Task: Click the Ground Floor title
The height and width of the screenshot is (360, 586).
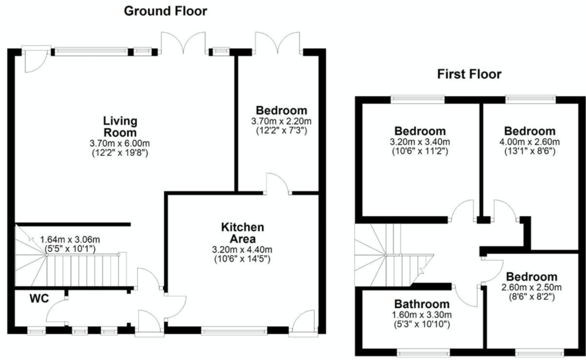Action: point(165,11)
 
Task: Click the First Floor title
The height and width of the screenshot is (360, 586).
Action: point(469,74)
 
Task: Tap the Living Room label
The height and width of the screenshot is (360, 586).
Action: point(120,126)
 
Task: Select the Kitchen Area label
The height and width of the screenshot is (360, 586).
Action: point(243,232)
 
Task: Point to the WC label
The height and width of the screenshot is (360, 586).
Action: point(39,299)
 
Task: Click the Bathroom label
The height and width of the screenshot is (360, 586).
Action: point(422,304)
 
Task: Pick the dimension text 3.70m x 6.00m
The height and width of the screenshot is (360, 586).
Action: point(120,144)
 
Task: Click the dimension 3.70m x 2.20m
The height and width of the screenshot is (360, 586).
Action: point(282,121)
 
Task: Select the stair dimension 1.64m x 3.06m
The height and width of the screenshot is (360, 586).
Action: point(70,240)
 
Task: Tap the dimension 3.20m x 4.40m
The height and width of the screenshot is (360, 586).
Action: point(242,250)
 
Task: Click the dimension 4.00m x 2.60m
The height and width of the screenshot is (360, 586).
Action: point(529,142)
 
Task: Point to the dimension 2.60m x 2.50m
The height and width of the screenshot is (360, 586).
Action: point(532,287)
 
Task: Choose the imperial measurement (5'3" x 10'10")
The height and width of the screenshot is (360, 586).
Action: point(422,324)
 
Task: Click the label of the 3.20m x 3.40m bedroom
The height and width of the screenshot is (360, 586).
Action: point(420,131)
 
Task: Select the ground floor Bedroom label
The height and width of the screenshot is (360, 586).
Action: point(282,110)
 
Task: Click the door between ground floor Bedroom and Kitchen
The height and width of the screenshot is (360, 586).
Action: point(278,184)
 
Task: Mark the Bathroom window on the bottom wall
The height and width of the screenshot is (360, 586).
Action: point(423,352)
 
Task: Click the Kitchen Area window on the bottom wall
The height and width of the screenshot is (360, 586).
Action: point(234,330)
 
